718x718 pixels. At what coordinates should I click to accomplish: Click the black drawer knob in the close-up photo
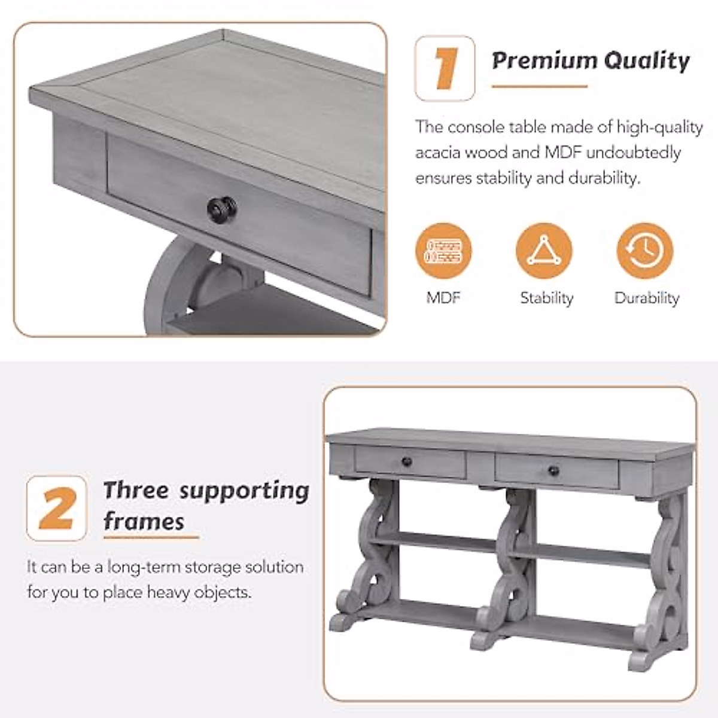coord(221,208)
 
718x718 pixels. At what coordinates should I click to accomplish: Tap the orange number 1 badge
coord(445,68)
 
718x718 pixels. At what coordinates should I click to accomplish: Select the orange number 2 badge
coord(57,509)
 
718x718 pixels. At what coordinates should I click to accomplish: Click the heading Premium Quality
coord(591,60)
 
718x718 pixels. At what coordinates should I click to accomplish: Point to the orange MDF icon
coord(443,251)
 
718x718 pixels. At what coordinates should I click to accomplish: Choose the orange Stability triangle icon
coord(544,251)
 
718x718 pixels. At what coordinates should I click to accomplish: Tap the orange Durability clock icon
coord(644,251)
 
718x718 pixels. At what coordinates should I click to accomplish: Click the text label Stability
coord(546,298)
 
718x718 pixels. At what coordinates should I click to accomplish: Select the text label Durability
coord(647,298)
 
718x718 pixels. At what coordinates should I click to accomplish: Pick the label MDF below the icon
coord(443,297)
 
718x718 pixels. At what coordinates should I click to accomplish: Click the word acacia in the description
coord(437,153)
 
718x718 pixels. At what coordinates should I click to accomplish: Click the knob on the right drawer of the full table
coord(553,470)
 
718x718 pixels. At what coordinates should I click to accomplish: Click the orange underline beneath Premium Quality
coord(539,87)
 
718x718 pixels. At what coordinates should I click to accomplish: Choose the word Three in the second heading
coord(136,491)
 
